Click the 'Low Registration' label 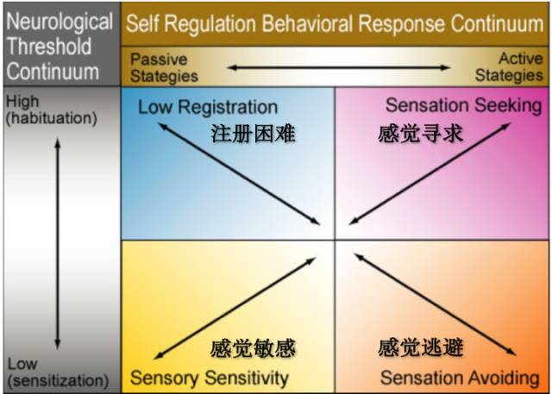208,108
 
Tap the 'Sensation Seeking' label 463,106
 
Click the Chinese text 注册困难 253,134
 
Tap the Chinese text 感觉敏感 253,349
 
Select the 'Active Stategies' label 509,67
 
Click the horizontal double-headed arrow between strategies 339,67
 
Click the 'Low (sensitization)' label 57,372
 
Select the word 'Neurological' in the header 59,21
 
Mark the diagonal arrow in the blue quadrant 240,172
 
